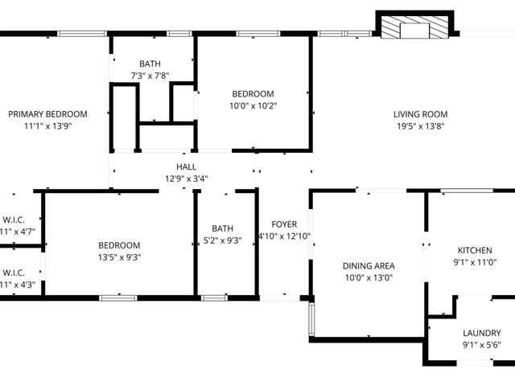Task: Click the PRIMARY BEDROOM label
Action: tap(47, 114)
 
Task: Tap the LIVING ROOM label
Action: tap(420, 114)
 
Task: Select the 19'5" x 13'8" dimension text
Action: tap(420, 126)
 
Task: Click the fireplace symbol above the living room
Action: tap(415, 27)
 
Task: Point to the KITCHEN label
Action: tap(475, 250)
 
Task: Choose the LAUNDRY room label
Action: tap(482, 333)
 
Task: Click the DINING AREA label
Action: tap(369, 265)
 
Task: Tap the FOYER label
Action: tap(284, 224)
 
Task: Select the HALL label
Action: tap(186, 167)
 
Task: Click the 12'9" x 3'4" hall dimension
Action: tap(186, 179)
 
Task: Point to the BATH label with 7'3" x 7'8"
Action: tap(150, 64)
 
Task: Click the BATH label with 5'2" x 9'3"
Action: tap(222, 228)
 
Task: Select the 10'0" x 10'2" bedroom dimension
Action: tap(253, 105)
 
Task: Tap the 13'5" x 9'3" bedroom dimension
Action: tap(119, 257)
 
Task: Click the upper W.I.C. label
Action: tap(14, 220)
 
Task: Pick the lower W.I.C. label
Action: tap(14, 272)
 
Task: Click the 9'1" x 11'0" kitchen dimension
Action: tap(475, 262)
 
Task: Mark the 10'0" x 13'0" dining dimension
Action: tap(369, 277)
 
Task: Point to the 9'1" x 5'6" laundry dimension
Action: tap(482, 345)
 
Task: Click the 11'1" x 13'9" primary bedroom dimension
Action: tap(47, 126)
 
